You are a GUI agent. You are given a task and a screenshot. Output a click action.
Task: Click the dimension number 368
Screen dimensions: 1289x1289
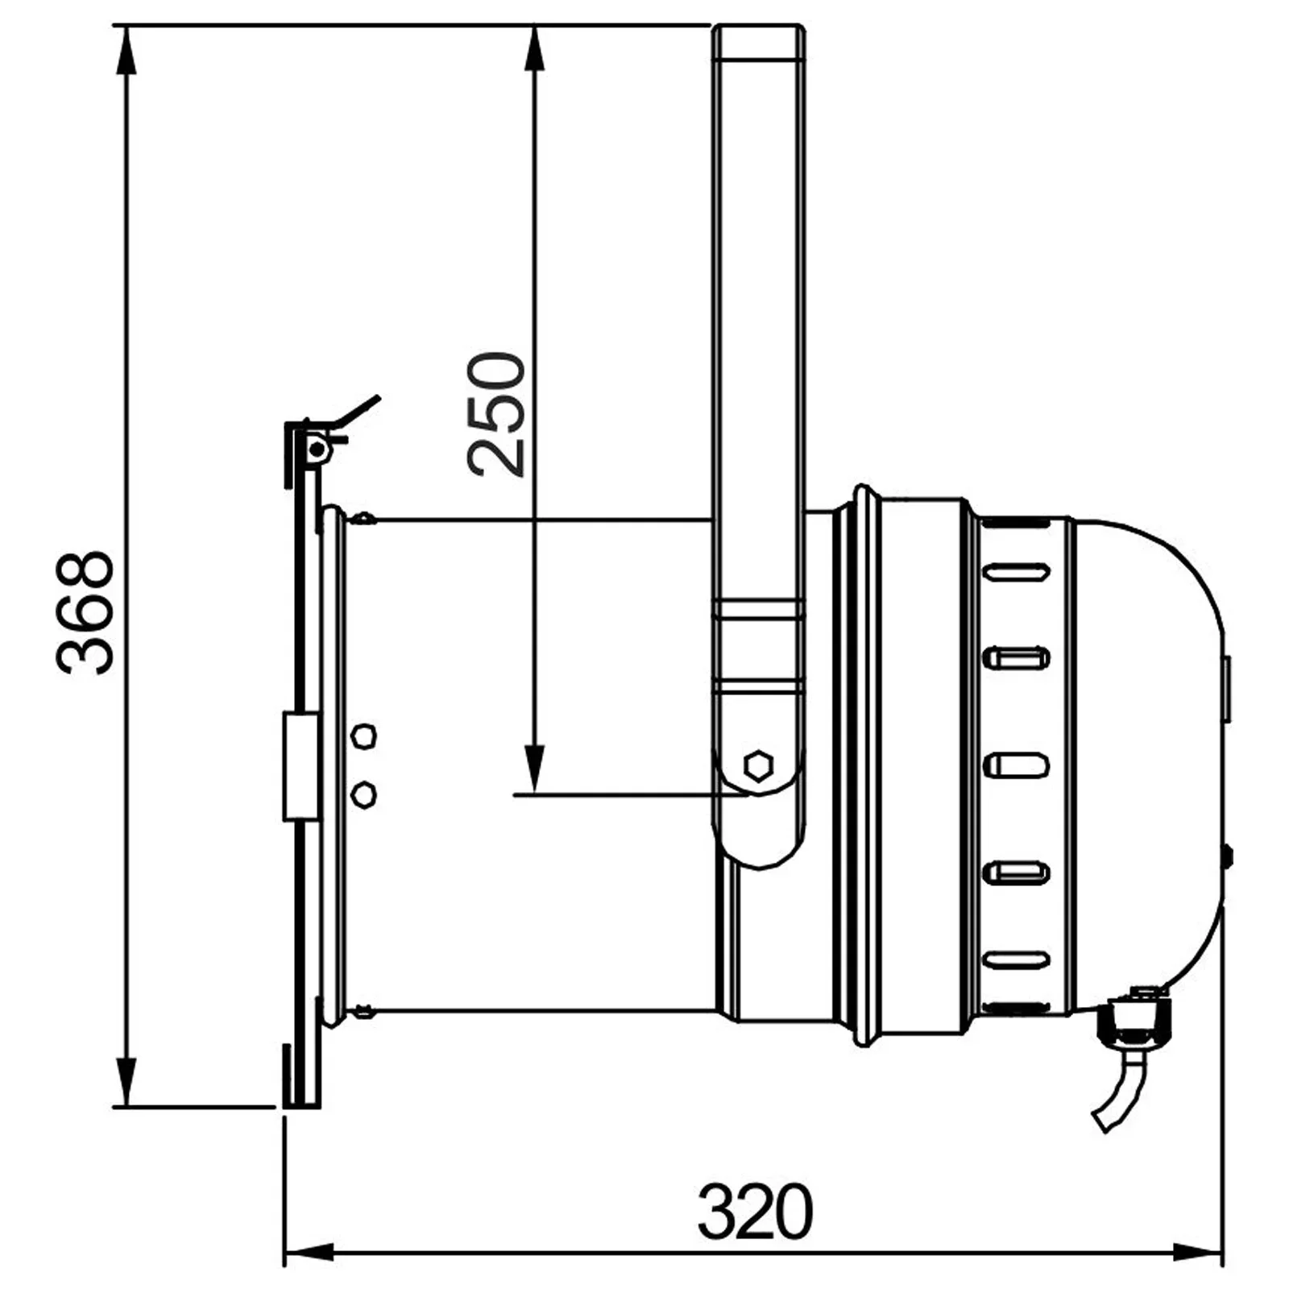pos(85,612)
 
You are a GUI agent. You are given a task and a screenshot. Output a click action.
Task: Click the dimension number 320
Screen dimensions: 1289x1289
pos(755,1211)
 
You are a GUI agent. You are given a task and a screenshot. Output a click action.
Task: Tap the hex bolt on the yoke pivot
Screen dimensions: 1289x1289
pos(758,765)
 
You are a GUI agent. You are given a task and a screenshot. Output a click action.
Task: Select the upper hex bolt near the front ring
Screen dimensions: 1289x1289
pos(364,736)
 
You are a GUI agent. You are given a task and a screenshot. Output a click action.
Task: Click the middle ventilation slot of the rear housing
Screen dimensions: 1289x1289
pos(1016,765)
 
